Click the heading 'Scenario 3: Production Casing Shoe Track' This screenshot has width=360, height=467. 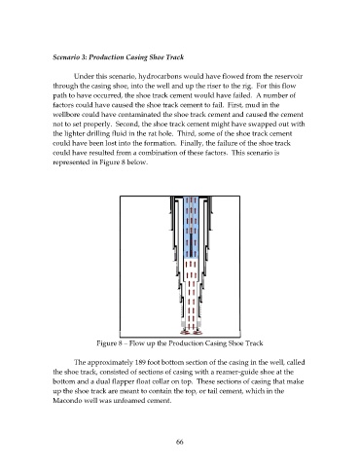click(x=119, y=57)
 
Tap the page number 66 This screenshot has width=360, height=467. click(x=180, y=442)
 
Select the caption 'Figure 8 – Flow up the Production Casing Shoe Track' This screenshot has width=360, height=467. click(x=180, y=343)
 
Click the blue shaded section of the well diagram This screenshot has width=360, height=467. click(x=191, y=227)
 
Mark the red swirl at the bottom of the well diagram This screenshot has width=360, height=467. click(x=191, y=332)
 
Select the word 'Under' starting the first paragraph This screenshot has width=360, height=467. click(x=83, y=77)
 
